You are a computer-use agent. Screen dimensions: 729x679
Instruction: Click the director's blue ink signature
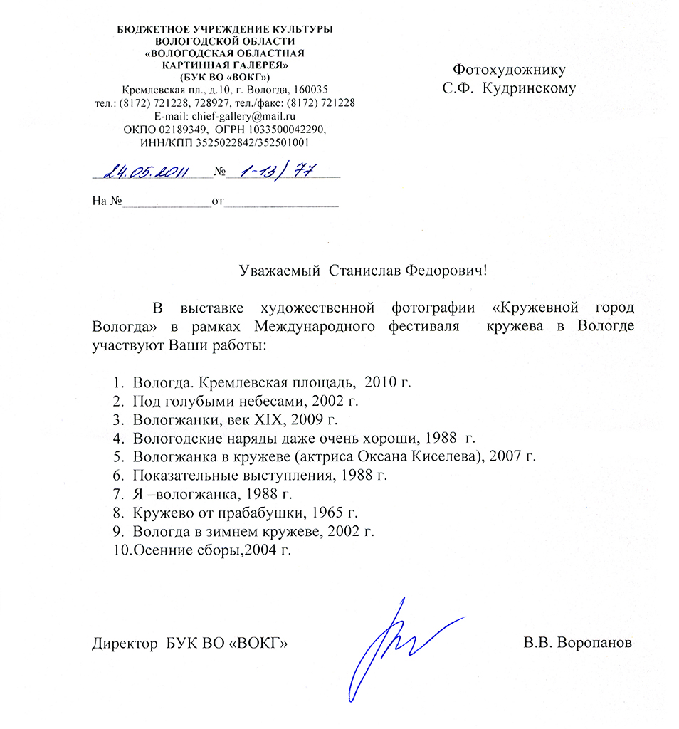(x=399, y=644)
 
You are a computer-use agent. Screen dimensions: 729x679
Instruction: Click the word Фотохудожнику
(x=510, y=70)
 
